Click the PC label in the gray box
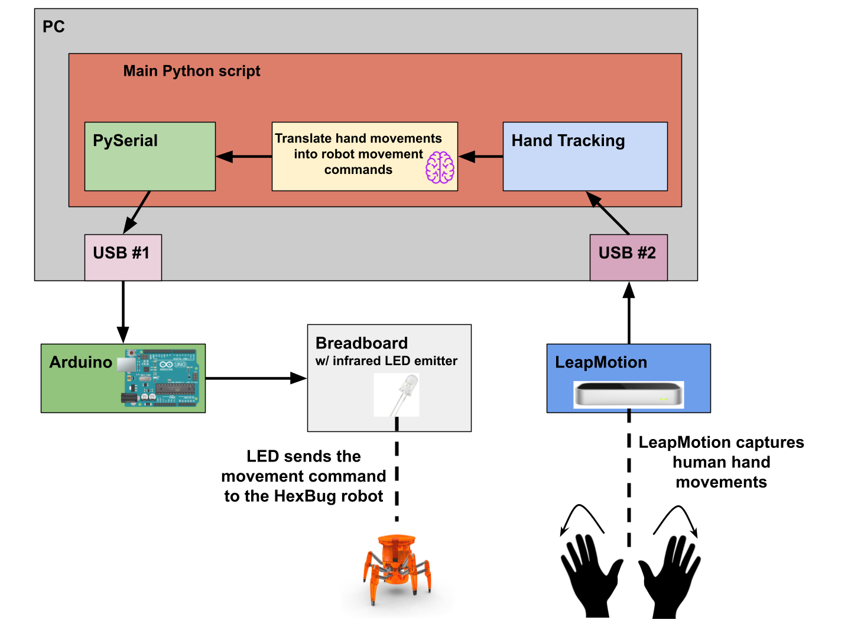[53, 27]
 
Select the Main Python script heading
[191, 71]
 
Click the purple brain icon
[440, 167]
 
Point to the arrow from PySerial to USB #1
[137, 212]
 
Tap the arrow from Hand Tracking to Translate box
[480, 157]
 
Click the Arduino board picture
[161, 377]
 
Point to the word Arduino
[80, 362]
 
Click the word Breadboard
[362, 343]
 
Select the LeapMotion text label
[601, 362]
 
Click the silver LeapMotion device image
[628, 394]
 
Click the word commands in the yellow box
[358, 170]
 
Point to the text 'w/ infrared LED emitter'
[386, 361]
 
